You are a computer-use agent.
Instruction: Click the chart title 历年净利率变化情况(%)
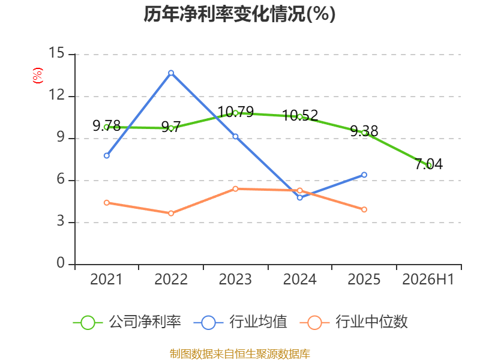(239, 14)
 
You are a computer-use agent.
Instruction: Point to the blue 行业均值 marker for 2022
(171, 73)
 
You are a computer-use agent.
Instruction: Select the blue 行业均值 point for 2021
(107, 155)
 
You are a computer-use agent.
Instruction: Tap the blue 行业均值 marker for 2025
(364, 175)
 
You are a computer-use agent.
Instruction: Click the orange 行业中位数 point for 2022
(171, 213)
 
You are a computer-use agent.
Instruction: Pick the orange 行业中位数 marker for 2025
(364, 209)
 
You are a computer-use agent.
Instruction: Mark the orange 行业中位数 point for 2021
(107, 203)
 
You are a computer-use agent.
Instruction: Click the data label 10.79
(236, 112)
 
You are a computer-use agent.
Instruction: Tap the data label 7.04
(429, 164)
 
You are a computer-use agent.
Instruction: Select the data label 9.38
(364, 131)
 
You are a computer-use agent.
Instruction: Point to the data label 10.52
(300, 116)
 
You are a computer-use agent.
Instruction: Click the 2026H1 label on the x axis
(428, 279)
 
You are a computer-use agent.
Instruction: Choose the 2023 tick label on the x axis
(235, 279)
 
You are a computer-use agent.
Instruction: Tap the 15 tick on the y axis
(56, 53)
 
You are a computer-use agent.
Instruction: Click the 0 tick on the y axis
(61, 263)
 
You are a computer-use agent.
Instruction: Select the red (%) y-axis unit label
(38, 76)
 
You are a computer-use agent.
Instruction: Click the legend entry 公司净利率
(127, 322)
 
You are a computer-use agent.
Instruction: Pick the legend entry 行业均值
(241, 322)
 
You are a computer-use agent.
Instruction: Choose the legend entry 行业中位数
(353, 322)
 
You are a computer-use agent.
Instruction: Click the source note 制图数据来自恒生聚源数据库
(240, 354)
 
